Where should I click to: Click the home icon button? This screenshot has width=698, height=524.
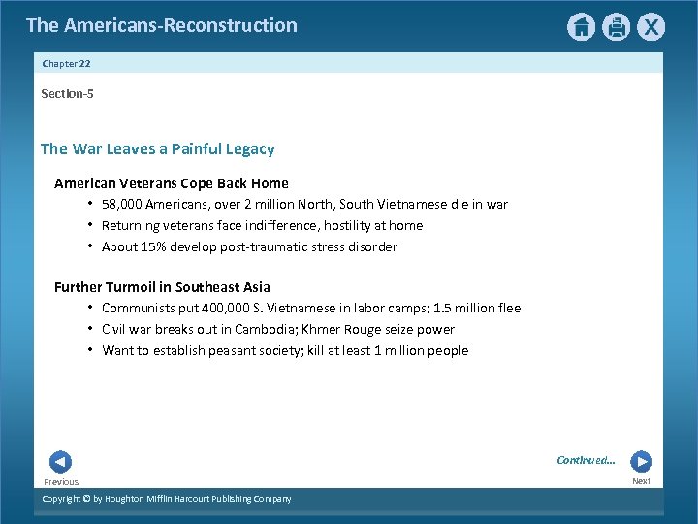click(x=581, y=27)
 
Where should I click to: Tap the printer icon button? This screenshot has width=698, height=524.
click(x=617, y=27)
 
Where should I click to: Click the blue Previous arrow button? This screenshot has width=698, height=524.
click(x=60, y=462)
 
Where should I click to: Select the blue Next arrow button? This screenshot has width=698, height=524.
click(x=641, y=462)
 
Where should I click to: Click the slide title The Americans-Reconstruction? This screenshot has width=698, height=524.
click(x=162, y=25)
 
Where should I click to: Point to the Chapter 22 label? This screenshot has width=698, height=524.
click(x=66, y=64)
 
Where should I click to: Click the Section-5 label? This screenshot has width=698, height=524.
click(x=67, y=94)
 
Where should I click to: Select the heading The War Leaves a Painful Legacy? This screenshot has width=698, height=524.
click(x=157, y=149)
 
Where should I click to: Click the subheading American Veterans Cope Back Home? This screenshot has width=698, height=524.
click(x=171, y=183)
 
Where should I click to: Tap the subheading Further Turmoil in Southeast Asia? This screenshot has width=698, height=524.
click(x=162, y=287)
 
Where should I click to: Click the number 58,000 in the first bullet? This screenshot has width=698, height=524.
click(x=122, y=205)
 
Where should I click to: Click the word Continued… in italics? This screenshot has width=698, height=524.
click(x=586, y=460)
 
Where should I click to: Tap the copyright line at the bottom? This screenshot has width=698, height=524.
click(x=166, y=499)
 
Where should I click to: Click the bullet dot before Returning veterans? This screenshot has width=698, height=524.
click(x=89, y=225)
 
